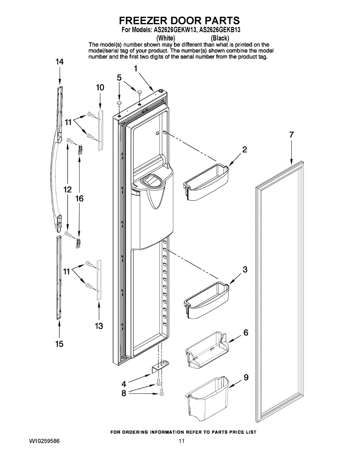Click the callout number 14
tap(59, 62)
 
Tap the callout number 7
tap(291, 135)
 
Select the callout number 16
tap(79, 199)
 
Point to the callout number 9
tap(246, 378)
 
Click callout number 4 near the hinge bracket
tap(124, 383)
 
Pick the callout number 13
tap(99, 326)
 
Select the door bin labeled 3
tap(206, 300)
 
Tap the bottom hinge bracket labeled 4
tap(160, 367)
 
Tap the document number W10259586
tap(44, 441)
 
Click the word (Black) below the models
tap(220, 38)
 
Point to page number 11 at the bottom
tap(181, 441)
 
